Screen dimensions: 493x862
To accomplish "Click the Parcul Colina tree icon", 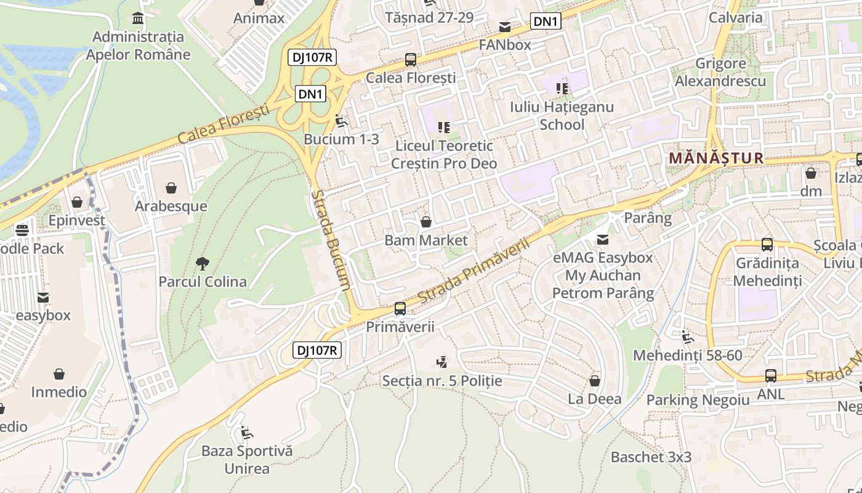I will coord(202,264).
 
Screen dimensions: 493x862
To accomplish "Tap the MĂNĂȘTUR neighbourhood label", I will coord(716,158).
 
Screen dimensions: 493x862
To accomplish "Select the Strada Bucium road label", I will coord(331,240).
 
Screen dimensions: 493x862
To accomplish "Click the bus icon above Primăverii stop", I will coord(400,309).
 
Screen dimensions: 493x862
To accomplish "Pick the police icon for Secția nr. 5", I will coord(441,362).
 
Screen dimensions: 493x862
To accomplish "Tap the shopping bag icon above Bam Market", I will coord(425,222).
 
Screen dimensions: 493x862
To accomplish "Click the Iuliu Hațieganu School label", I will coord(562,116).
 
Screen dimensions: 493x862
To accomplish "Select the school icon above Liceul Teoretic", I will coord(443,128).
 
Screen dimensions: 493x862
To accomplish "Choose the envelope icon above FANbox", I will coord(505,27).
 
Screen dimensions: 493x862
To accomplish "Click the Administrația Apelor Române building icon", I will coord(138,17).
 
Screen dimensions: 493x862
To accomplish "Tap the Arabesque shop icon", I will coord(171,187).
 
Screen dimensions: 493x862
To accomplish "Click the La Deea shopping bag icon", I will coord(594,381).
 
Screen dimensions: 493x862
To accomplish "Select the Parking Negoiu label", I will coord(698,400).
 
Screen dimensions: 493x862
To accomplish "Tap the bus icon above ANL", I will coord(770,375).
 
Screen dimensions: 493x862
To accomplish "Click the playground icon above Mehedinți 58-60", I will coord(687,337).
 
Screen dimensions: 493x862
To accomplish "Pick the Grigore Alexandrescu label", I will coord(720,72).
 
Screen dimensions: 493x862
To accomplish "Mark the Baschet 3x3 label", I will coord(651,457).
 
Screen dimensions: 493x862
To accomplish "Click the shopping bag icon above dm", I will coord(811,173).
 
